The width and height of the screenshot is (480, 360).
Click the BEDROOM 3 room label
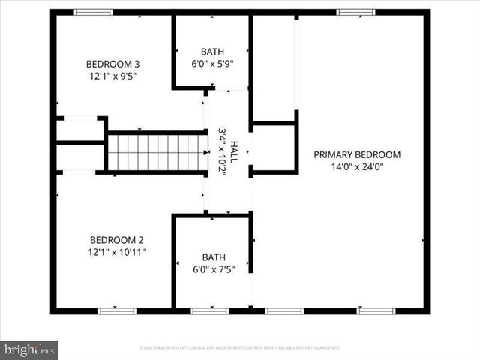(x=112, y=63)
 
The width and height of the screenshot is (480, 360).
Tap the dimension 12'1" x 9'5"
(x=112, y=76)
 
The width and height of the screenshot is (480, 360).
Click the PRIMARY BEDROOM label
(x=357, y=154)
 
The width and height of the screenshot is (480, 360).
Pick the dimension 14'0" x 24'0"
(x=357, y=167)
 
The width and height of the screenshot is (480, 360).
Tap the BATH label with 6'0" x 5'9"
(x=211, y=51)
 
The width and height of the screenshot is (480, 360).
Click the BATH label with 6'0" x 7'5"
(x=211, y=256)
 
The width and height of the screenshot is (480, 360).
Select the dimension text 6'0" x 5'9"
(x=211, y=64)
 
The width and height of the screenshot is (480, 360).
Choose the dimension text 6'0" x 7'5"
(x=211, y=269)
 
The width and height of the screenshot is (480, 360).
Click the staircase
(x=156, y=153)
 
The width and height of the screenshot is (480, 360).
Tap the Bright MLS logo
(x=29, y=349)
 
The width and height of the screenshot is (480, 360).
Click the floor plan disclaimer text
(x=240, y=348)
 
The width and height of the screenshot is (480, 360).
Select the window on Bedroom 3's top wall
(x=93, y=12)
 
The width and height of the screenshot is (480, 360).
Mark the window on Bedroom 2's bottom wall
(x=118, y=310)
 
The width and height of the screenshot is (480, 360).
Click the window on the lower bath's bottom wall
(x=209, y=310)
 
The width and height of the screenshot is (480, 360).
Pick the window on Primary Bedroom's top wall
(x=355, y=12)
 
